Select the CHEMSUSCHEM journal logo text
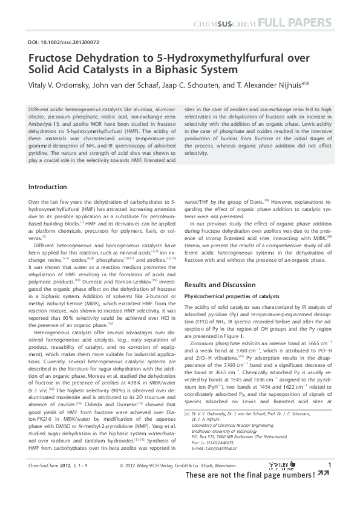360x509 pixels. click(x=223, y=24)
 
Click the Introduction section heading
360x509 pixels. click(x=48, y=187)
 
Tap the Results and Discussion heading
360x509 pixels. click(x=219, y=284)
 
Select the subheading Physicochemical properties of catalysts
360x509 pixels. click(x=231, y=296)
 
